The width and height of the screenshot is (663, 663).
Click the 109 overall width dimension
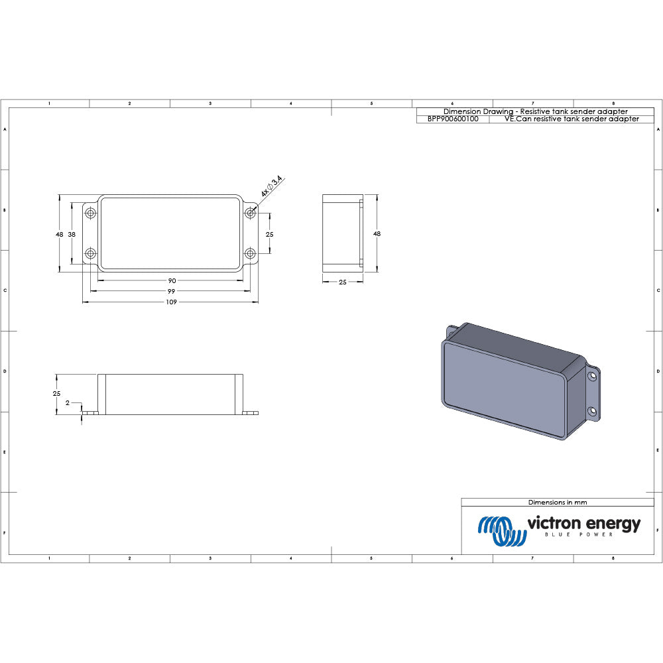click(170, 302)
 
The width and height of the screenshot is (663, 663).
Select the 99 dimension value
click(170, 291)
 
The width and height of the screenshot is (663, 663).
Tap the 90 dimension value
click(170, 280)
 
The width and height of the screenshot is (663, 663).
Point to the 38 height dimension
click(72, 234)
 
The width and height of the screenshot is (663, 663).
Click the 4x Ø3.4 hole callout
click(271, 187)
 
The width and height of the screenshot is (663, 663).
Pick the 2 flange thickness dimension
click(68, 402)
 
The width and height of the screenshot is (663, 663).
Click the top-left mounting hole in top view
click(91, 213)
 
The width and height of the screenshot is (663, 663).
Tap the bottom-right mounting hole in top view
click(250, 253)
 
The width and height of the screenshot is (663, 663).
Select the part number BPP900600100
click(453, 119)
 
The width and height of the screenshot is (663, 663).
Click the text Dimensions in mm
click(557, 503)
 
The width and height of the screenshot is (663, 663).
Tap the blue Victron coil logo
click(499, 529)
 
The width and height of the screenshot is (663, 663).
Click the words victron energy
click(583, 524)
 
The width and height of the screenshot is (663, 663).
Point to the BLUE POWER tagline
click(578, 535)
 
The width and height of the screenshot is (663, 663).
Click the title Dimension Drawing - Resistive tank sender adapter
click(535, 111)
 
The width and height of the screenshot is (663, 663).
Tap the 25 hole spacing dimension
click(270, 234)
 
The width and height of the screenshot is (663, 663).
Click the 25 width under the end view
click(343, 282)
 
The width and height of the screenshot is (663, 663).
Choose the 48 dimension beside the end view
click(377, 233)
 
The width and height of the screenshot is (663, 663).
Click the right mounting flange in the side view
click(251, 412)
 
